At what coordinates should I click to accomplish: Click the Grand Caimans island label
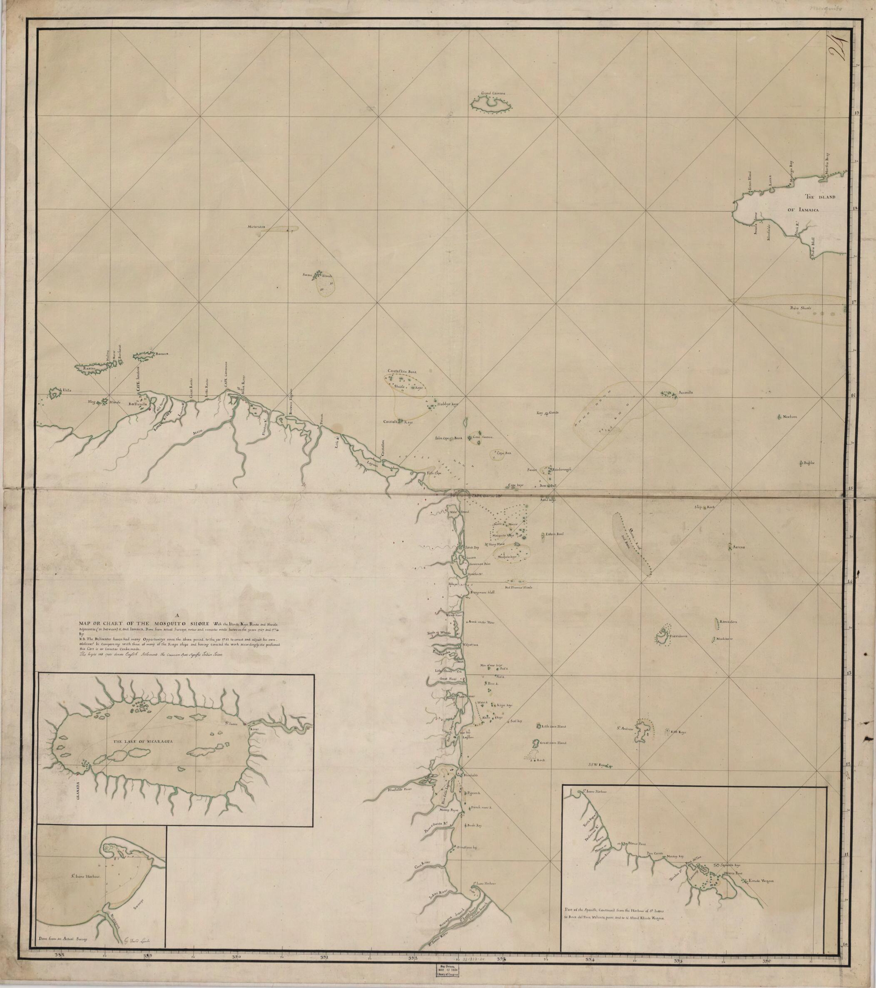pyautogui.click(x=492, y=92)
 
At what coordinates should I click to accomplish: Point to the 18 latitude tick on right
pyautogui.click(x=856, y=208)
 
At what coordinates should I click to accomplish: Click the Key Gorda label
pyautogui.click(x=547, y=412)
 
